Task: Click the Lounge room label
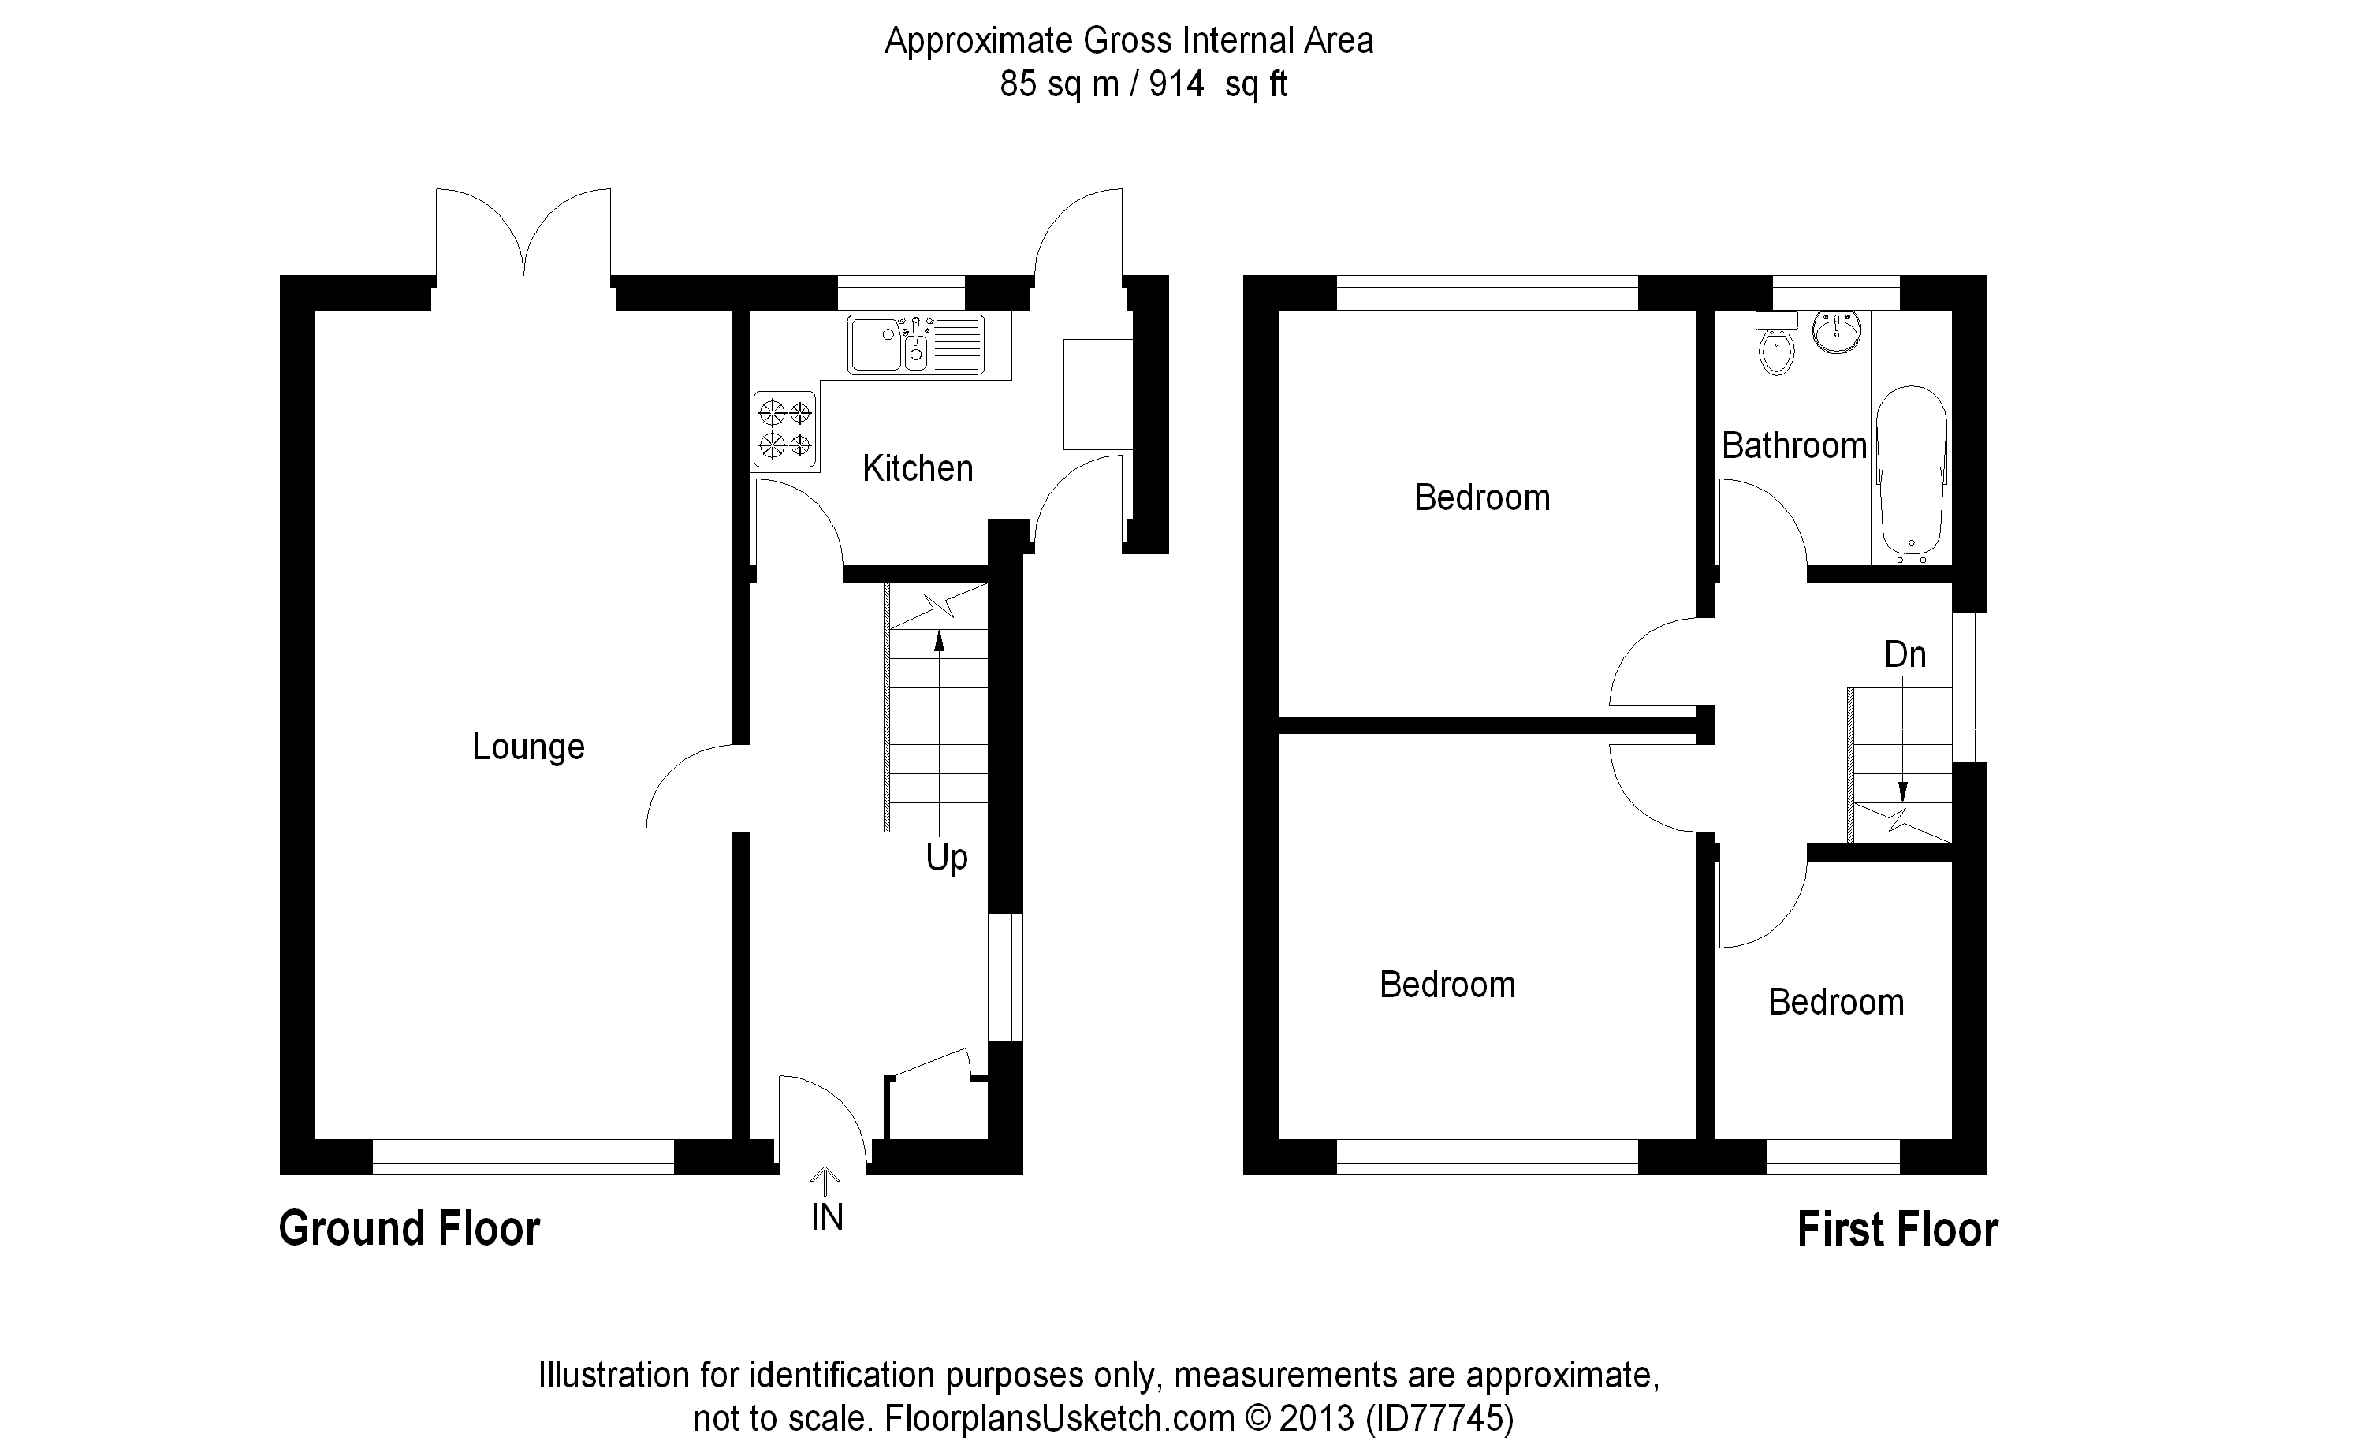pos(527,747)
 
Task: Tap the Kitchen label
pos(917,469)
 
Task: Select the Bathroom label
pos(1793,446)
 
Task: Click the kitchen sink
pos(914,344)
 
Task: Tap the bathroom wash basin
pos(1836,330)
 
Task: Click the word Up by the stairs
pos(946,857)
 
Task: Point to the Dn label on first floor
pos(1905,655)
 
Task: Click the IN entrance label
pos(826,1218)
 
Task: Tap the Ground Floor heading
pos(409,1230)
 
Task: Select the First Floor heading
pos(1897,1231)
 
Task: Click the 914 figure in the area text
pos(1175,84)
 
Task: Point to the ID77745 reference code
pos(1439,1418)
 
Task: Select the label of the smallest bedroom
pos(1835,1003)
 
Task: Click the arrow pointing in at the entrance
pos(825,1179)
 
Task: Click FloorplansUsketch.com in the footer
pos(1060,1418)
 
